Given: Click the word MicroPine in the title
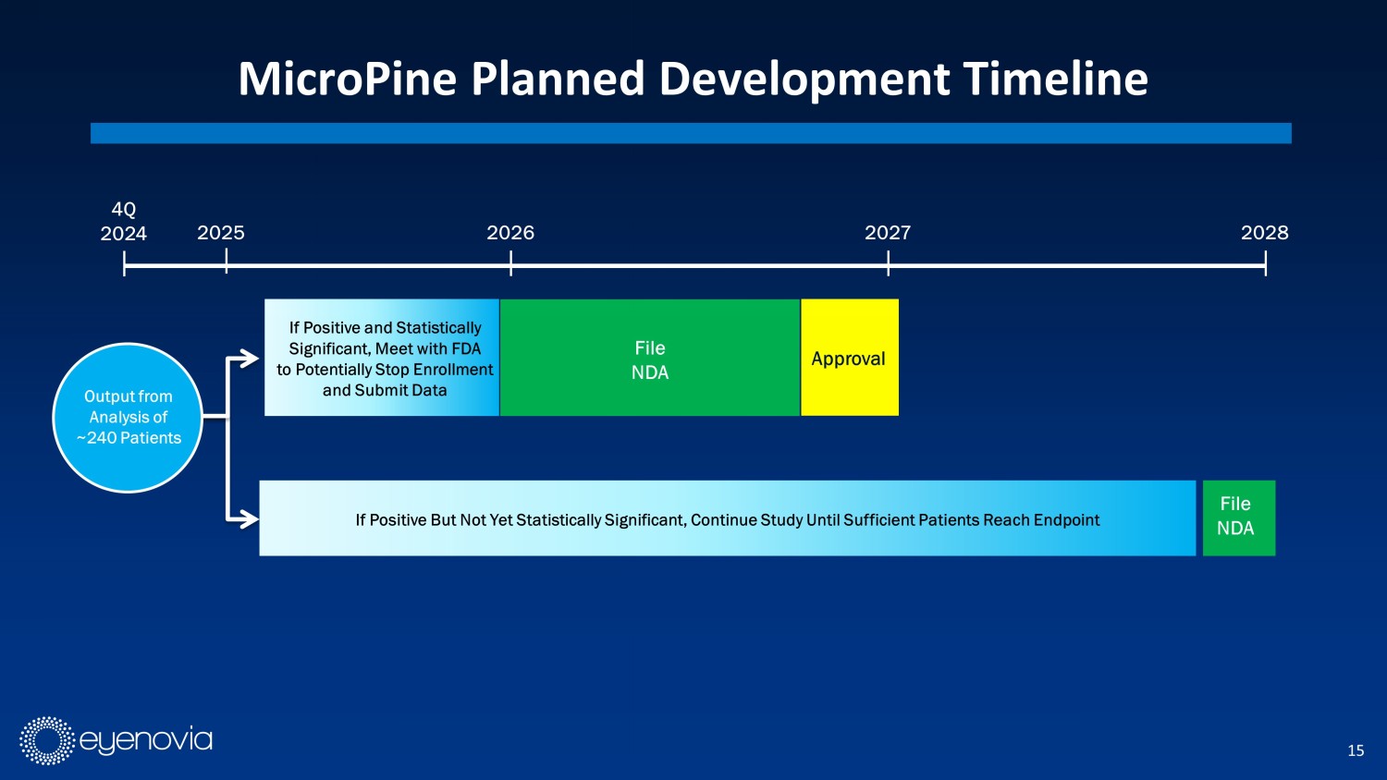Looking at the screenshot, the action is (348, 79).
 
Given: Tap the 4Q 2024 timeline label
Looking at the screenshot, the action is (123, 221).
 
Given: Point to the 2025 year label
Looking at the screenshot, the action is (221, 233).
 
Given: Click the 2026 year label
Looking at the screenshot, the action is (510, 233).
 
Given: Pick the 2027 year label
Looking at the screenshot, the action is (888, 233).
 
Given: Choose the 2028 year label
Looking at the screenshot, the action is (1264, 233).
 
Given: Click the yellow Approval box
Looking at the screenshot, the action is (850, 357).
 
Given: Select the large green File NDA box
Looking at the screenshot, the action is (650, 357).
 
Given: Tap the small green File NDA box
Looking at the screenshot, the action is (1239, 518).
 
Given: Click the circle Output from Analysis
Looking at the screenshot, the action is (129, 418).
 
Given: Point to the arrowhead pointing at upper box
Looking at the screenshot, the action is (251, 358).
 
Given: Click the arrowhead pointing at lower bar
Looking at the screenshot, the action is (251, 518).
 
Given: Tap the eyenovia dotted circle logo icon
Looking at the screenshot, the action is (47, 740).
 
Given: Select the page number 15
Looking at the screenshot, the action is (1356, 751).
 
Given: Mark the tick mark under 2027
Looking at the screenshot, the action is (888, 263).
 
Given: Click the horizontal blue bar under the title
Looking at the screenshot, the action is (691, 133).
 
